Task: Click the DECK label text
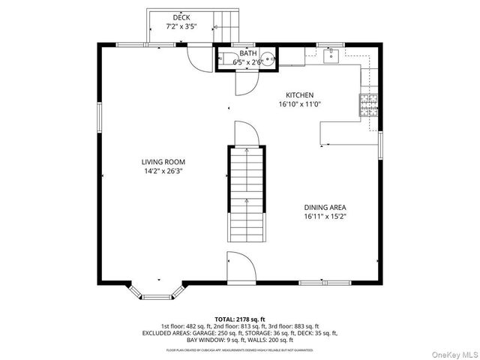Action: (181, 17)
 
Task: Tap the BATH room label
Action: (247, 53)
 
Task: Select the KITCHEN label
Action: (299, 95)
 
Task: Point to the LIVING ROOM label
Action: (163, 162)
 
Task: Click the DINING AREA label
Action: (325, 208)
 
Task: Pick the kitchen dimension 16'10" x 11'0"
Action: (299, 105)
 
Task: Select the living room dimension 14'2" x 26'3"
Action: (163, 171)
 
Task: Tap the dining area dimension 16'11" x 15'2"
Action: (325, 217)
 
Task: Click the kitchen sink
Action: (331, 55)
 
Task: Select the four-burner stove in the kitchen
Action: (368, 106)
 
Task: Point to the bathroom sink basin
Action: (267, 60)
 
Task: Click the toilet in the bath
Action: (227, 59)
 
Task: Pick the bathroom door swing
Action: (245, 84)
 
